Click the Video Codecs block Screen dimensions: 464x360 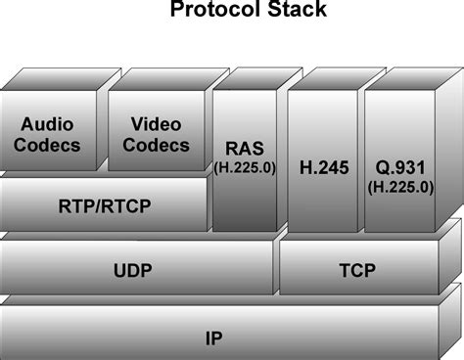156,137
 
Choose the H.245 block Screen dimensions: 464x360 320,166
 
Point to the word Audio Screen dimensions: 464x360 48,126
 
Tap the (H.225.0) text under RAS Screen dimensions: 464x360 245,167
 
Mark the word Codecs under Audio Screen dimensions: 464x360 51,146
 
